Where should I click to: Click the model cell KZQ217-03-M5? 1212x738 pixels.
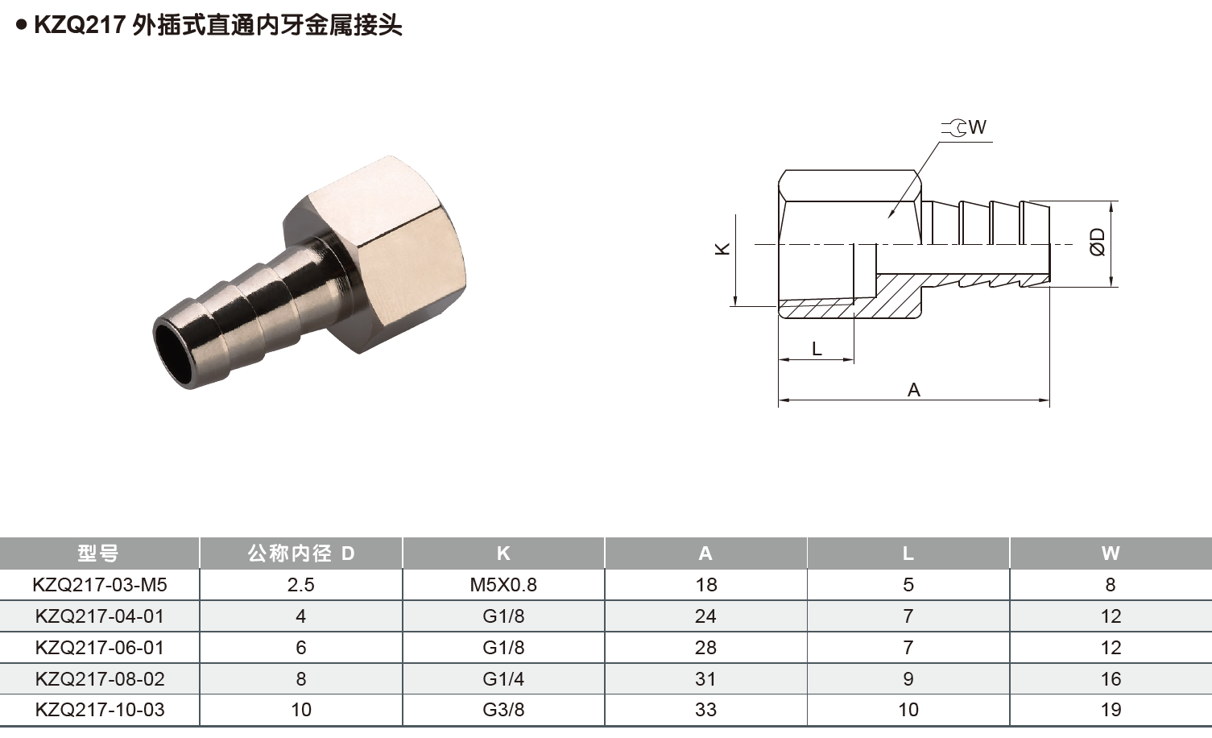coord(100,585)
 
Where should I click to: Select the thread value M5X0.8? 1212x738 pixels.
coord(503,585)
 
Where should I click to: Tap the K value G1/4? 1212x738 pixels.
coord(503,679)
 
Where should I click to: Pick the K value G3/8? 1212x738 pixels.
coord(503,710)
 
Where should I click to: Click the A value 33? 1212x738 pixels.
coord(705,710)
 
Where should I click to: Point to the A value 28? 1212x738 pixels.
coord(705,648)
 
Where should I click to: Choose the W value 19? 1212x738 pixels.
coord(1111,710)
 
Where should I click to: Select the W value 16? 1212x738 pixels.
coord(1111,679)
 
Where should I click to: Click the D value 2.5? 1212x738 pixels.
coord(300,585)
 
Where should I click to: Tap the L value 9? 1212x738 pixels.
coord(908,679)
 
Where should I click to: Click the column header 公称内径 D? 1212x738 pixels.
coord(300,553)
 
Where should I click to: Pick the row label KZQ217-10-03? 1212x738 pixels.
coord(100,710)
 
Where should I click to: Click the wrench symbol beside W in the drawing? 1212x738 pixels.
coord(956,128)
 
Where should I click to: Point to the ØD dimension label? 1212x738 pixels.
coord(1098,242)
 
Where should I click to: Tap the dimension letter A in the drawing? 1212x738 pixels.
coord(913,390)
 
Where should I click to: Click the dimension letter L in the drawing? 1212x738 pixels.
coord(817,349)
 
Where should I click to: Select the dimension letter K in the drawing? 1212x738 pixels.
coord(722,249)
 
